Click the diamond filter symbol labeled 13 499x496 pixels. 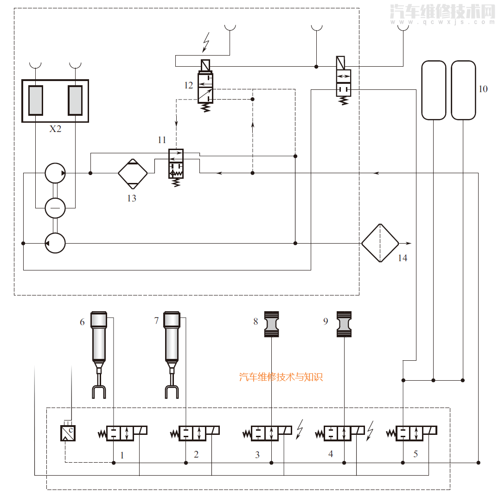pyautogui.click(x=133, y=173)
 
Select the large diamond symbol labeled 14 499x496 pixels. pyautogui.click(x=380, y=243)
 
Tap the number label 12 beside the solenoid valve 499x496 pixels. pyautogui.click(x=188, y=85)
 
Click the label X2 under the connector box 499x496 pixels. pyautogui.click(x=55, y=129)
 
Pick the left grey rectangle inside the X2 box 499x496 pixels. pyautogui.click(x=36, y=100)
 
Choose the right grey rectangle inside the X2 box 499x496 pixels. pyautogui.click(x=75, y=100)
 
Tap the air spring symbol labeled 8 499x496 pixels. pyautogui.click(x=272, y=325)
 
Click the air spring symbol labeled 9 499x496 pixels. pyautogui.click(x=344, y=324)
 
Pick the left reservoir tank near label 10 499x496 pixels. pyautogui.click(x=434, y=90)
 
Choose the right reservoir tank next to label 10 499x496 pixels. pyautogui.click(x=463, y=90)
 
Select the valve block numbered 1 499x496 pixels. pyautogui.click(x=127, y=433)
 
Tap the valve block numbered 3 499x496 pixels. pyautogui.click(x=271, y=433)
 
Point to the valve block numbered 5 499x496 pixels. pyautogui.click(x=416, y=433)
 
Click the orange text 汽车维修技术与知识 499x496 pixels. pyautogui.click(x=281, y=377)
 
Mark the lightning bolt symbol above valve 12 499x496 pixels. pyautogui.click(x=206, y=42)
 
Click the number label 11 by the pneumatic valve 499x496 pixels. pyautogui.click(x=161, y=140)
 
